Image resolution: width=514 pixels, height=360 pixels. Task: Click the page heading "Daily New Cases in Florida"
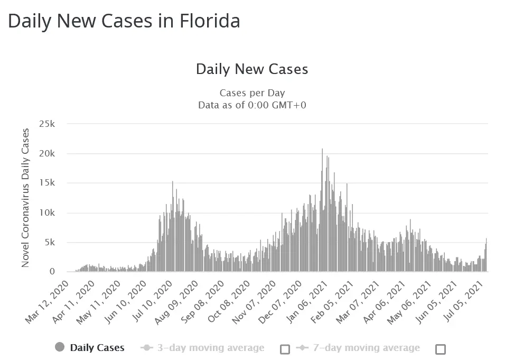tap(124, 21)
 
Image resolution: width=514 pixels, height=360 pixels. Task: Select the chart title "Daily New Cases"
tap(252, 69)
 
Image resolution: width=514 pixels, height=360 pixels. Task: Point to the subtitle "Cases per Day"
tap(252, 93)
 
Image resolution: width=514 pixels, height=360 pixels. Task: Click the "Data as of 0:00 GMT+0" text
tap(252, 105)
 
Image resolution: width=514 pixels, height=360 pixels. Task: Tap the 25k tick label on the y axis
tap(47, 124)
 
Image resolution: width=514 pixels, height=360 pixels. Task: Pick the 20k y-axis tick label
tap(47, 153)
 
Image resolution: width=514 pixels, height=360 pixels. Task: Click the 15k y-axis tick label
tap(47, 183)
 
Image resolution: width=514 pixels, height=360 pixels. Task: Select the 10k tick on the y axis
tap(47, 213)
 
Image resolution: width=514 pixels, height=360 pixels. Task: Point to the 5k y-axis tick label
tap(49, 242)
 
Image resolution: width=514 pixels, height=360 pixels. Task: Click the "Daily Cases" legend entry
tap(97, 348)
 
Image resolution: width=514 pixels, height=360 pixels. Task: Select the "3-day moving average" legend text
tap(211, 348)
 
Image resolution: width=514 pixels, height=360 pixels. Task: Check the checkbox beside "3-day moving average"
tap(285, 349)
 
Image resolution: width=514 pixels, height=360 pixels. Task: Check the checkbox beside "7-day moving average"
tap(441, 349)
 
